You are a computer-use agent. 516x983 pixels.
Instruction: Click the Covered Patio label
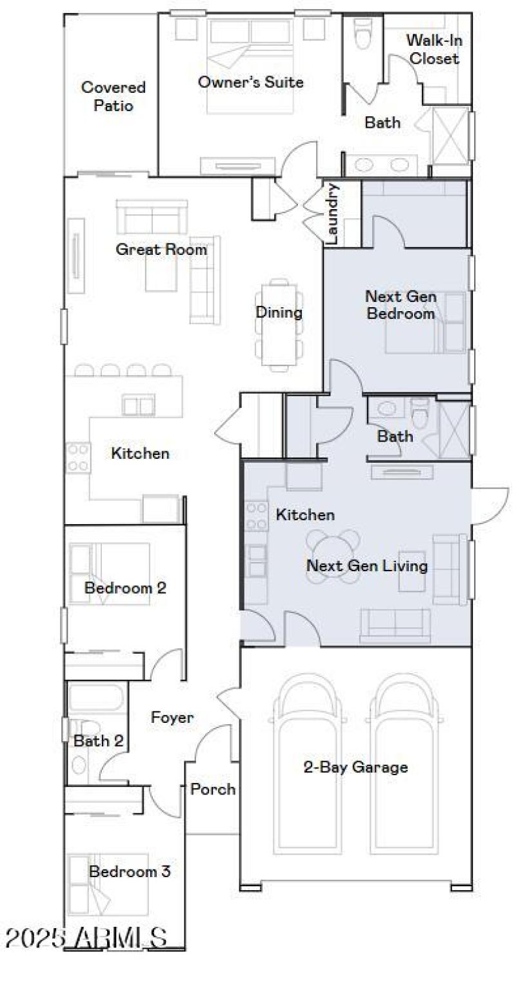coord(113,96)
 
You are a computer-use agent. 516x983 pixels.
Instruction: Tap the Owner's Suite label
coord(250,82)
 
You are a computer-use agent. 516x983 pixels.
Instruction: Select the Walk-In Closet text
coord(435,50)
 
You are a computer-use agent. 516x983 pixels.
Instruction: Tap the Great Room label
coord(161,249)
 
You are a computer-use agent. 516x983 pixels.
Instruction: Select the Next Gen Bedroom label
coord(400,305)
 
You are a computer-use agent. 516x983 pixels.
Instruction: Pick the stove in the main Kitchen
coord(77,456)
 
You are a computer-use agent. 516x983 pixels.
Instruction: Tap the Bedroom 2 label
coord(125,588)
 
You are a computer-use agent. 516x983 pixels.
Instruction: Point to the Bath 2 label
coord(98,741)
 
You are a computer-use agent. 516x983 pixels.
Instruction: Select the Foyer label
coord(172,717)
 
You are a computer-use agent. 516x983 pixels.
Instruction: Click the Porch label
coord(213,789)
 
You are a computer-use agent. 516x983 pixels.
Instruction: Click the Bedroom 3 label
coord(130,871)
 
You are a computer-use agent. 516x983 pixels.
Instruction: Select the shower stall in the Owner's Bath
coord(451,136)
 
